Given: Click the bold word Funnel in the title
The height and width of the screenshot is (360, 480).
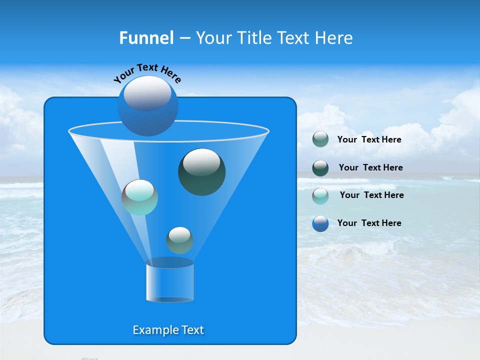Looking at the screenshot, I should (x=146, y=38).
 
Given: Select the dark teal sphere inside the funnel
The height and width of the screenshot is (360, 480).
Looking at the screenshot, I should (x=201, y=172).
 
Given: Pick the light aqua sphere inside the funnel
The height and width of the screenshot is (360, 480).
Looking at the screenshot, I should (x=139, y=197).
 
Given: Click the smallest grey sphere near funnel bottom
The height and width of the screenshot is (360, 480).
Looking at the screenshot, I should (x=179, y=240).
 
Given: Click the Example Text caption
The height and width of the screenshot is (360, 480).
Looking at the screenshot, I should (x=168, y=330).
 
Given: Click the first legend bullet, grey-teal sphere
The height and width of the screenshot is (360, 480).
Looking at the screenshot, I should (x=320, y=139).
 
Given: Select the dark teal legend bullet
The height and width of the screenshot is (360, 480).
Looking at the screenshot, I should (x=320, y=168).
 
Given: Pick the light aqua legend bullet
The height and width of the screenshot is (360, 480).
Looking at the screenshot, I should (x=320, y=195).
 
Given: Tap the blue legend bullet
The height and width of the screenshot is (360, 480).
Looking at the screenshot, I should (x=320, y=223).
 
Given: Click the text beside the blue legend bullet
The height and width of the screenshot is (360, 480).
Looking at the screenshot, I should (x=369, y=223).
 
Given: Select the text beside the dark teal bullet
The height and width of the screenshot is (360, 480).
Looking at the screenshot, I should (x=370, y=167).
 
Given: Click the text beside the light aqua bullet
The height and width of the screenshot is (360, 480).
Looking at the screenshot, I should (x=371, y=195).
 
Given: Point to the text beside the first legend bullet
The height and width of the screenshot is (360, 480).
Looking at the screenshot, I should (x=369, y=139).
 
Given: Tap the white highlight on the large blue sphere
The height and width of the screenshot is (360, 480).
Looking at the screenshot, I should (x=147, y=93).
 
